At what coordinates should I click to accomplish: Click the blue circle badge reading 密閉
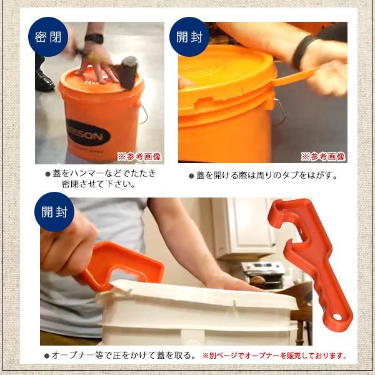(48, 37)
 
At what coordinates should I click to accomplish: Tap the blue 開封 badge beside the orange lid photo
(189, 37)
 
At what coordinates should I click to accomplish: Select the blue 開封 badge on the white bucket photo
(54, 212)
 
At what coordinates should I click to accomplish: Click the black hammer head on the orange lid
(128, 72)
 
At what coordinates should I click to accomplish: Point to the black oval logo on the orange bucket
(89, 133)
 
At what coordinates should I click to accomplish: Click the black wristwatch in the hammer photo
(94, 39)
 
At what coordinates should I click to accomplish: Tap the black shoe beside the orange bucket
(44, 81)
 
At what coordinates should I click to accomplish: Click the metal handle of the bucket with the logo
(143, 114)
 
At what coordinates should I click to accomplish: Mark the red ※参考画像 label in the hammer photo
(139, 157)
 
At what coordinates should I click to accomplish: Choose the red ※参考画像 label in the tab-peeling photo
(323, 157)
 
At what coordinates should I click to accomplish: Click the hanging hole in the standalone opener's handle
(337, 317)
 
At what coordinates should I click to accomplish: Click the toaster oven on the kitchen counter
(264, 274)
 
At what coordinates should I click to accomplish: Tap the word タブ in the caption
(291, 176)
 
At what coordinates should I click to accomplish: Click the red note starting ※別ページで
(274, 356)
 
